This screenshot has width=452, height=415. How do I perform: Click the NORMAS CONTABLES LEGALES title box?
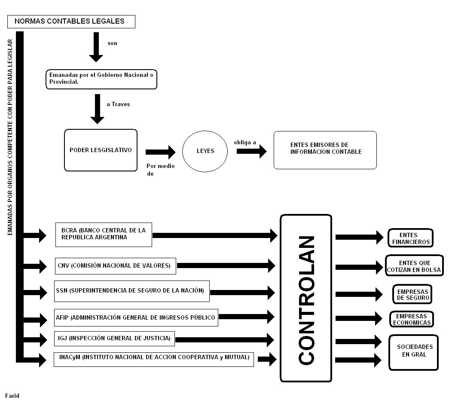point(71,21)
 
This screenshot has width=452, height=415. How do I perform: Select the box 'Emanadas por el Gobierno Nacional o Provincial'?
point(101,79)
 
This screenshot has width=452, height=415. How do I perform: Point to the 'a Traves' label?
point(118,104)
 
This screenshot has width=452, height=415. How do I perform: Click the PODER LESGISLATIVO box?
point(101,150)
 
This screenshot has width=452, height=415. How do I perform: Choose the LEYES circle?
point(205,151)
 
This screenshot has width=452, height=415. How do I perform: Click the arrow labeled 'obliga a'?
point(251,152)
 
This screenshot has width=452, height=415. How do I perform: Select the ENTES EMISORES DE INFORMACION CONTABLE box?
point(325,150)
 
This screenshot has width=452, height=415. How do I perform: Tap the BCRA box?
point(104,235)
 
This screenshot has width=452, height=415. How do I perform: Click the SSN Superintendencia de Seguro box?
point(132,291)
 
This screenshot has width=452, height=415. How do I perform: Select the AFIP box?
point(136,318)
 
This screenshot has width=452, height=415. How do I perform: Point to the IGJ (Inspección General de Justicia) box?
point(114,339)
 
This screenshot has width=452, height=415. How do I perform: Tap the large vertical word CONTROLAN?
point(306,299)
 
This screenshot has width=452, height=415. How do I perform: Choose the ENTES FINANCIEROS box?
point(410,238)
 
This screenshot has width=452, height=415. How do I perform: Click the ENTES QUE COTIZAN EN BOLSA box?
point(414,266)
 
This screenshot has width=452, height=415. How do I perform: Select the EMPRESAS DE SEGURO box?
point(412,295)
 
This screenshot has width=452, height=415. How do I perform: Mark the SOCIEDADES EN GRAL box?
point(413,351)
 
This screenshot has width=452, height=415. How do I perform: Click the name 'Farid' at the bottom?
point(12,396)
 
